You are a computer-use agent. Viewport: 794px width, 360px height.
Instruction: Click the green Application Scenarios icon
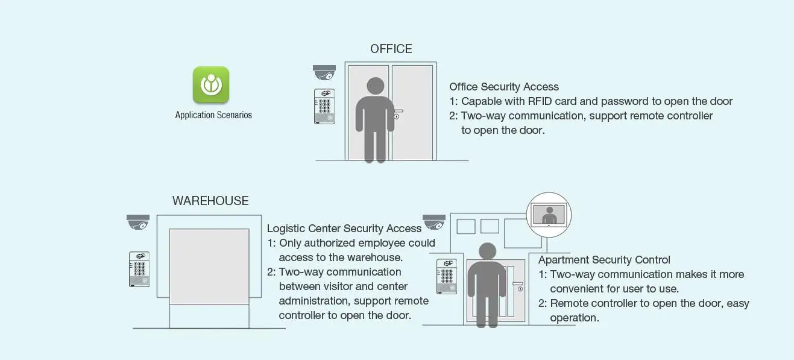(211, 84)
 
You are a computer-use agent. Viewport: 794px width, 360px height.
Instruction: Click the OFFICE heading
(391, 49)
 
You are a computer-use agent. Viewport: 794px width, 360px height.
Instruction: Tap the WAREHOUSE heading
(210, 201)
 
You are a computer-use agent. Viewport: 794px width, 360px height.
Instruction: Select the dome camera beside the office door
(324, 72)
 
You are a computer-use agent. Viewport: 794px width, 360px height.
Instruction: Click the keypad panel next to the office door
(324, 106)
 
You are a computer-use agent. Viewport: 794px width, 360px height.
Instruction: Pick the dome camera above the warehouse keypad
(138, 222)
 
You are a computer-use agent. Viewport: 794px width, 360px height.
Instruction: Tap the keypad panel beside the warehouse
(139, 269)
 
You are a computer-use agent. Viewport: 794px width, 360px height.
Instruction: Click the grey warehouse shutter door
(209, 266)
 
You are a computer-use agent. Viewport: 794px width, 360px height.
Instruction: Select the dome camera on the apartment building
(434, 222)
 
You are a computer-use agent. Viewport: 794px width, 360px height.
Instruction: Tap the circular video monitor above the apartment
(549, 215)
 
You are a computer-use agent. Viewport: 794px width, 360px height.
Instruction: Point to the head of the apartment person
(487, 251)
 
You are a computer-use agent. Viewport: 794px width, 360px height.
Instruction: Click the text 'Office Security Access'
(504, 87)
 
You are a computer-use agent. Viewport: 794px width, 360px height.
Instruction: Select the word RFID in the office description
(542, 101)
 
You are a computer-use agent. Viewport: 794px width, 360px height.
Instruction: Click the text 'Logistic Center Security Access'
(344, 229)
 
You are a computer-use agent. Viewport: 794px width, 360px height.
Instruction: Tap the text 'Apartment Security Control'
(604, 260)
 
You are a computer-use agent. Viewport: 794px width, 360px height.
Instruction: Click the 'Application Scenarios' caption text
(213, 115)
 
